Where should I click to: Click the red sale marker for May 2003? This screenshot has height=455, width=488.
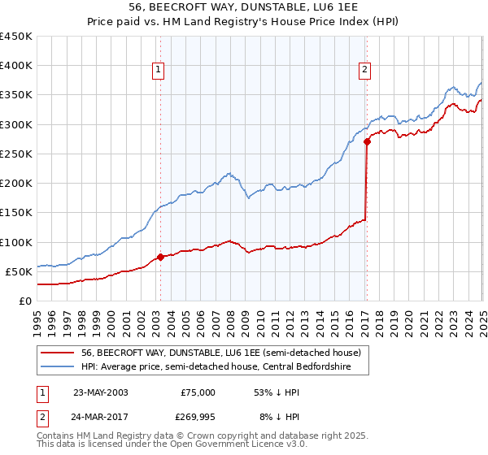pyautogui.click(x=160, y=257)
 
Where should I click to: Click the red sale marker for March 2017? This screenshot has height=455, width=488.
pyautogui.click(x=367, y=141)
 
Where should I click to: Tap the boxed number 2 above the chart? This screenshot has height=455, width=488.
pyautogui.click(x=365, y=71)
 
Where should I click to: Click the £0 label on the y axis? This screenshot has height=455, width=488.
pyautogui.click(x=24, y=301)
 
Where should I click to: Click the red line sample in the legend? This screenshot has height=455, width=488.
pyautogui.click(x=58, y=352)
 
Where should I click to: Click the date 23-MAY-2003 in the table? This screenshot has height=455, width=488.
pyautogui.click(x=100, y=392)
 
